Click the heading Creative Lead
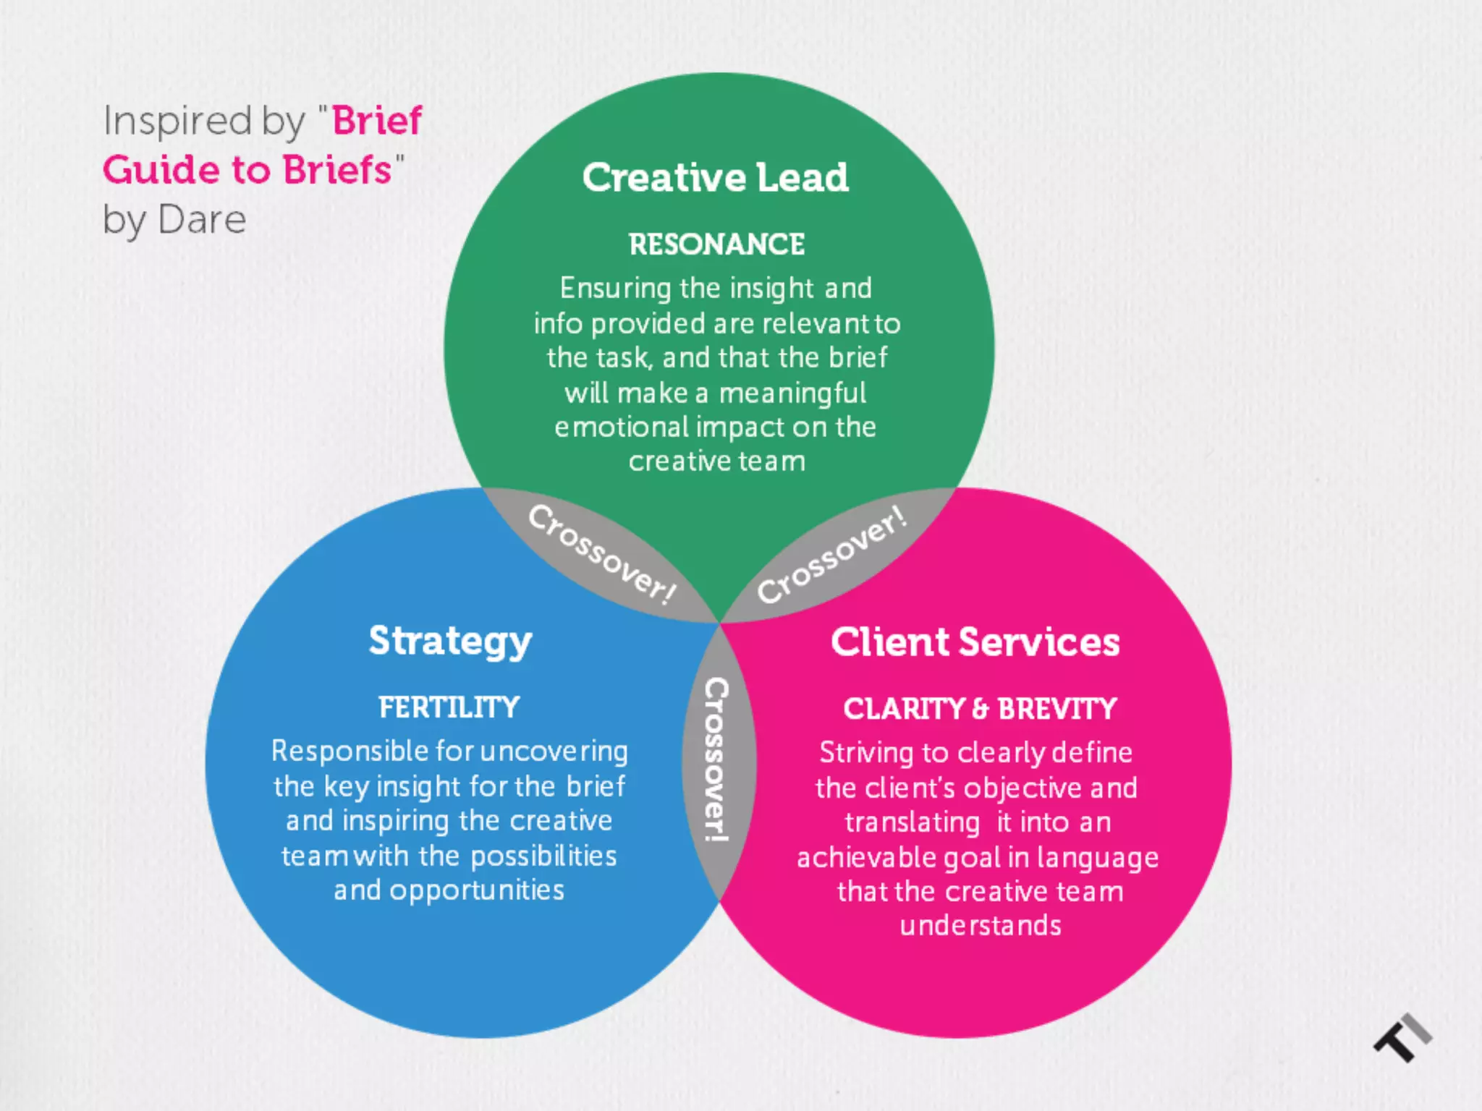click(715, 178)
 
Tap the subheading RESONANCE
click(716, 244)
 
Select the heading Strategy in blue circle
click(450, 642)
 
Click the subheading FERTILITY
click(449, 707)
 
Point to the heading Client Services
click(975, 642)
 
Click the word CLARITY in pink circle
click(904, 709)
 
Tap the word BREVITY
click(1057, 709)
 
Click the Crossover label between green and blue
click(602, 554)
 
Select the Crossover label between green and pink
click(832, 554)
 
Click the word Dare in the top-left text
click(202, 220)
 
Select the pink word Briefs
click(336, 170)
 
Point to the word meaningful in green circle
click(792, 393)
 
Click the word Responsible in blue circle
click(350, 752)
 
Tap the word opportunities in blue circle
click(477, 890)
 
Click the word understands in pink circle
click(981, 926)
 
